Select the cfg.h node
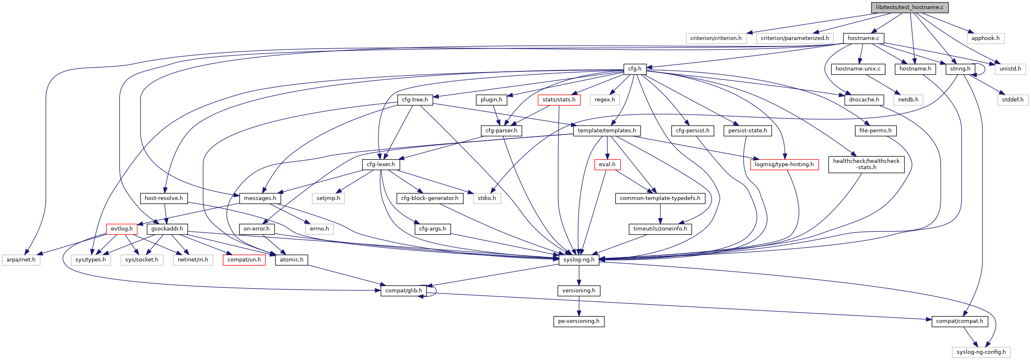[634, 69]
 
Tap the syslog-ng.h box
[579, 260]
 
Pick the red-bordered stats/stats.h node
[559, 100]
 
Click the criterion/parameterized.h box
[794, 38]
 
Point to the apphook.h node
[985, 38]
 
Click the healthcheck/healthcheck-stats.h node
[866, 164]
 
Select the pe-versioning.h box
[578, 321]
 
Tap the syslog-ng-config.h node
[981, 352]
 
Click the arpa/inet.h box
[21, 260]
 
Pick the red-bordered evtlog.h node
[122, 229]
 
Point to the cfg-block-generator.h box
[430, 198]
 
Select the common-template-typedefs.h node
[660, 198]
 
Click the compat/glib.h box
[403, 291]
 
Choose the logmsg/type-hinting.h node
[784, 165]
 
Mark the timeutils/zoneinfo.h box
[660, 229]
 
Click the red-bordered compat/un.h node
[244, 260]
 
